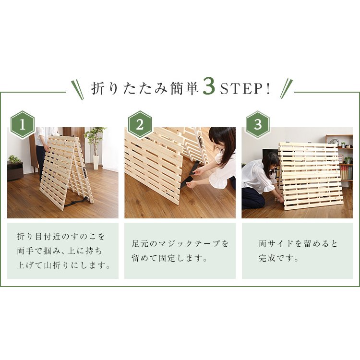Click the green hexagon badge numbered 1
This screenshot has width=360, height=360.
[22, 124]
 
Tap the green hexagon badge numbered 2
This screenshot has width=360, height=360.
[140, 124]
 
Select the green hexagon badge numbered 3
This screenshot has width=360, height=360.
[258, 124]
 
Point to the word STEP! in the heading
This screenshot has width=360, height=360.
[245, 89]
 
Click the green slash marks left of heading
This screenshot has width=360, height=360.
[77, 89]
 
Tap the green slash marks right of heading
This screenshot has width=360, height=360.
[286, 89]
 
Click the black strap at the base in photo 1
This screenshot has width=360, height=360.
[76, 202]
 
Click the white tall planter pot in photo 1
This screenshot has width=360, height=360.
[96, 162]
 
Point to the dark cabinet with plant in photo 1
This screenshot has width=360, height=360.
[15, 170]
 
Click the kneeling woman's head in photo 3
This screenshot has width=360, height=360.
[271, 162]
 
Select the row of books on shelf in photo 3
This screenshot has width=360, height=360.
[346, 173]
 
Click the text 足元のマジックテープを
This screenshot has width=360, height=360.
[180, 243]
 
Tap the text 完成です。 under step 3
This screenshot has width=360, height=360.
[279, 258]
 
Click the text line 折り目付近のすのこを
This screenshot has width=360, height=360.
[61, 236]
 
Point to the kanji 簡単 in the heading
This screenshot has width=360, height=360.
[184, 89]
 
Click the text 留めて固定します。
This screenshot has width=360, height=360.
[169, 258]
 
